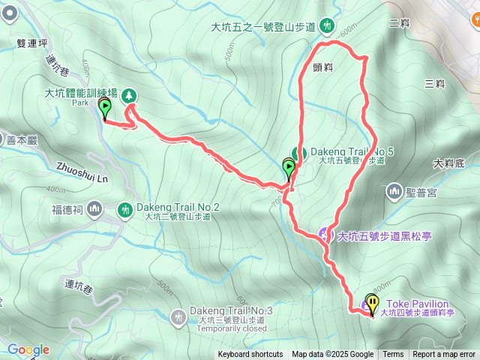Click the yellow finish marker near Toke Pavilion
pos(373,300)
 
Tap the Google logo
pos(28,349)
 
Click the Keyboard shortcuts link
pos(250,355)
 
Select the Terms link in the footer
pos(393,355)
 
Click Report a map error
pos(444,355)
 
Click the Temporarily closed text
pos(232,328)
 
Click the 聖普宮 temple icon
pos(394,193)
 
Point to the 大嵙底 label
pos(450,163)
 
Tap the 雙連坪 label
pos(31,43)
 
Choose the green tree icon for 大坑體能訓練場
pos(130,94)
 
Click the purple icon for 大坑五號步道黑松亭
pos(326,235)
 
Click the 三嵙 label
pos(434,83)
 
